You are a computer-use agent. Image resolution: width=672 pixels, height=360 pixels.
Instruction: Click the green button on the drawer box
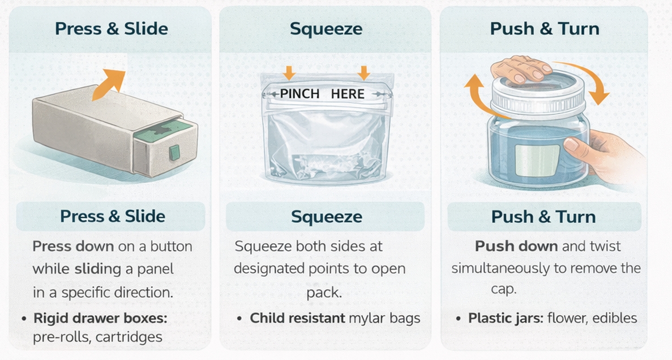point(174,152)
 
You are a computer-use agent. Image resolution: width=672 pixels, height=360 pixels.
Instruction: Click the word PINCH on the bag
point(300,94)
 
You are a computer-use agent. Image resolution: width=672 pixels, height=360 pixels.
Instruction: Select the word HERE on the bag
point(348,94)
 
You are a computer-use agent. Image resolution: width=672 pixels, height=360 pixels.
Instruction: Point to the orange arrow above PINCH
point(289,72)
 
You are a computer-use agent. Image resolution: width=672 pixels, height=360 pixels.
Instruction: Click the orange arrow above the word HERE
point(364,72)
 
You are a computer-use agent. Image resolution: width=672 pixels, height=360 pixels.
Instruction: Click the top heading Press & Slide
point(112,29)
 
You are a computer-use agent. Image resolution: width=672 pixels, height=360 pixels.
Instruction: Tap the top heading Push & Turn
point(545,29)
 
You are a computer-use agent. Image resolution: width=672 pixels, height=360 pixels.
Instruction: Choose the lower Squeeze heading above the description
point(326,217)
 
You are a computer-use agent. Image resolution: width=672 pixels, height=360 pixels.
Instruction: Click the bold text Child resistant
point(297,318)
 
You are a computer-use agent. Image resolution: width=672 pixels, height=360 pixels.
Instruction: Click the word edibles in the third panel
point(615,318)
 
